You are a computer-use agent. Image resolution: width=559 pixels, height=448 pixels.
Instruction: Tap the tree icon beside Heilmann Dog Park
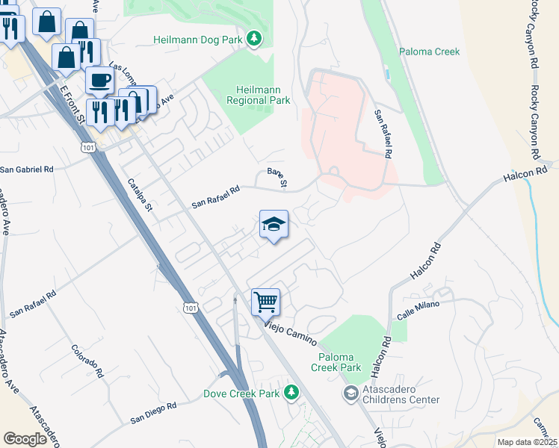[x=255, y=38]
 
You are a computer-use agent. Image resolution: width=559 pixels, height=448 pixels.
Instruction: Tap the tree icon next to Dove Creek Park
[x=292, y=392]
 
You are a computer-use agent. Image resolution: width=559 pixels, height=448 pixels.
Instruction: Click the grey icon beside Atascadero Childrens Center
[x=350, y=393]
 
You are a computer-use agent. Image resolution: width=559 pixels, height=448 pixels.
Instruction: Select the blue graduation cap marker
[x=274, y=224]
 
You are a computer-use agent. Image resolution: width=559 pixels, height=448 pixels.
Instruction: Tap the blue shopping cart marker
[x=265, y=303]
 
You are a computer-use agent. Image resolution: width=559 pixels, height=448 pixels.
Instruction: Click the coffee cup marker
[x=99, y=81]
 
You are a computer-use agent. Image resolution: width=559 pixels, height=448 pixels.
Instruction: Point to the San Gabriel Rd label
[x=28, y=169]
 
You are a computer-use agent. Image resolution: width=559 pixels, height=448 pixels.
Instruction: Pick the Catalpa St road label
[x=140, y=194]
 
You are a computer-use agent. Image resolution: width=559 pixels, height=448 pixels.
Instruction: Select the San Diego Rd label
[x=153, y=412]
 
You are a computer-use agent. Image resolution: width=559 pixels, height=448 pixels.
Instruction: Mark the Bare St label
[x=277, y=178]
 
